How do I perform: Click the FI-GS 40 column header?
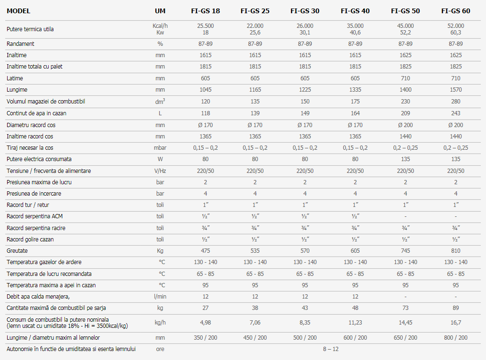click(x=355, y=11)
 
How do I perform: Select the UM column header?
click(x=160, y=11)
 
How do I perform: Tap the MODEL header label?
click(x=18, y=11)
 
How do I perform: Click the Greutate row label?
click(x=17, y=250)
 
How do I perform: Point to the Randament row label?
click(x=20, y=44)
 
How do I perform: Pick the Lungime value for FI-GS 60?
click(x=456, y=90)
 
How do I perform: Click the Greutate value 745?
click(x=405, y=250)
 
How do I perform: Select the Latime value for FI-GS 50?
click(x=405, y=78)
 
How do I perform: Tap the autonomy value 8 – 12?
click(x=331, y=349)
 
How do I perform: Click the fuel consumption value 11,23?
click(x=355, y=323)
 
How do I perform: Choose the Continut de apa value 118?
click(x=205, y=113)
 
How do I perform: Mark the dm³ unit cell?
click(x=160, y=101)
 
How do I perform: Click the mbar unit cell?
click(x=160, y=147)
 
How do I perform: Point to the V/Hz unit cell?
click(x=160, y=171)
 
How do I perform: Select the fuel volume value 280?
click(x=456, y=102)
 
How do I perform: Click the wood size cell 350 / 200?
click(x=205, y=337)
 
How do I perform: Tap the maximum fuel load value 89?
click(x=456, y=308)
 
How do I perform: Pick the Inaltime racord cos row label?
click(x=30, y=136)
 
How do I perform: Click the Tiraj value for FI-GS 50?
click(x=405, y=147)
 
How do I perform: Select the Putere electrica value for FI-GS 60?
click(x=456, y=159)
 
